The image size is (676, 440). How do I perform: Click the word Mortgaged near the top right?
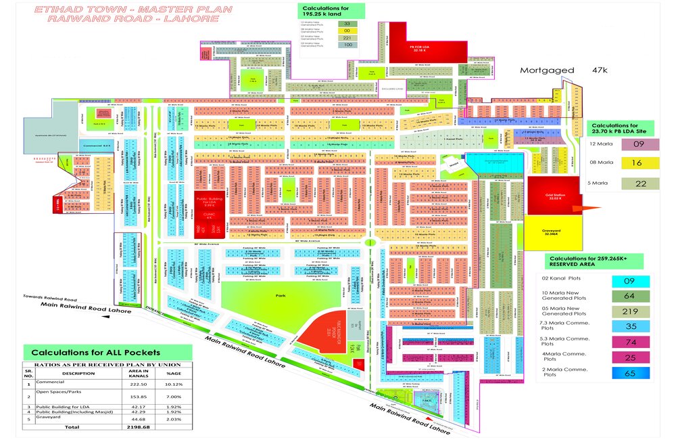[x=547, y=70]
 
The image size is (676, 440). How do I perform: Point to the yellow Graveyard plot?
[x=554, y=231]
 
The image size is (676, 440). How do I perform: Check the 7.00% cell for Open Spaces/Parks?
[x=174, y=396]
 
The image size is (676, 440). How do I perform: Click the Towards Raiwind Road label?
[x=51, y=297]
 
